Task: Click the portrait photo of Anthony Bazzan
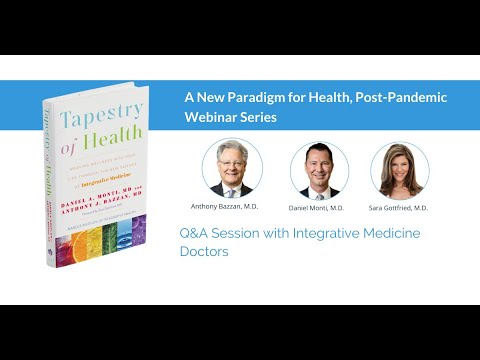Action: [232, 167]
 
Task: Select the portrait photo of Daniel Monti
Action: [319, 169]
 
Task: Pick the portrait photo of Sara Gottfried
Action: [400, 169]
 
